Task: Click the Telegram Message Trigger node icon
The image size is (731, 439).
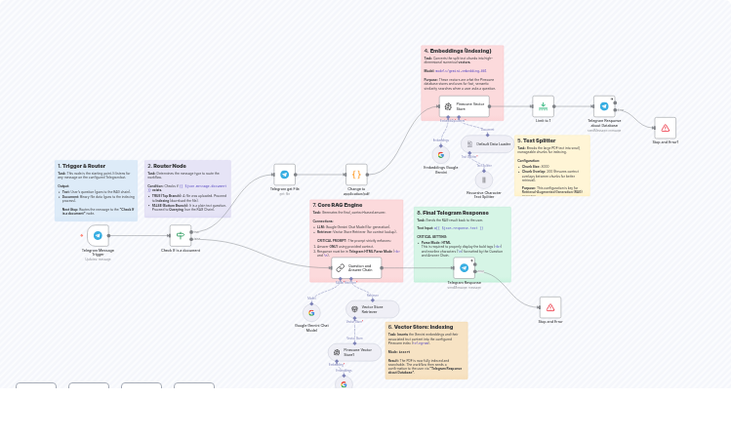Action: point(98,235)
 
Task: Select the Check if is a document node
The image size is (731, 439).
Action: point(181,235)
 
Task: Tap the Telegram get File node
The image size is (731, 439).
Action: point(285,175)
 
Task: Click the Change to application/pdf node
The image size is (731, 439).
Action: point(356,175)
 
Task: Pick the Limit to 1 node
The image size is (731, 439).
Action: point(544,106)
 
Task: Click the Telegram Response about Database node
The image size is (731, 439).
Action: point(604,106)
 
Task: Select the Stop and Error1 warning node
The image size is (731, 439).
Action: point(665,128)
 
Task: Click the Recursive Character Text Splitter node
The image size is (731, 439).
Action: point(484,180)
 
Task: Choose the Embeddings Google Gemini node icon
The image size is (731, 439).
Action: point(441,154)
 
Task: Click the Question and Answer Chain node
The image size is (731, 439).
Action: point(355,267)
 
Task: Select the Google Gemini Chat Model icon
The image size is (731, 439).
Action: point(312,313)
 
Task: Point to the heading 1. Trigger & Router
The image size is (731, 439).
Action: point(82,166)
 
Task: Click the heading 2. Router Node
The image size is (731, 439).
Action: point(167,166)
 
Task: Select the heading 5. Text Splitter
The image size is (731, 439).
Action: point(537,140)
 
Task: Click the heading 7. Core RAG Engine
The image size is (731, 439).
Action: point(338,205)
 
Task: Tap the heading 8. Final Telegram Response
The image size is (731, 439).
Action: point(453,213)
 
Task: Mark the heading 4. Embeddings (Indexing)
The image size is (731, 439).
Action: point(458,51)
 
